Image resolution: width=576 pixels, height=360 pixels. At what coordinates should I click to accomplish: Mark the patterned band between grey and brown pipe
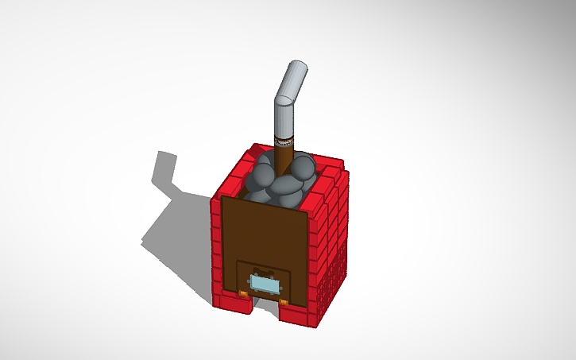click(284, 143)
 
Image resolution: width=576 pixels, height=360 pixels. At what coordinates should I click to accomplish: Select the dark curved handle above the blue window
click(265, 270)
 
